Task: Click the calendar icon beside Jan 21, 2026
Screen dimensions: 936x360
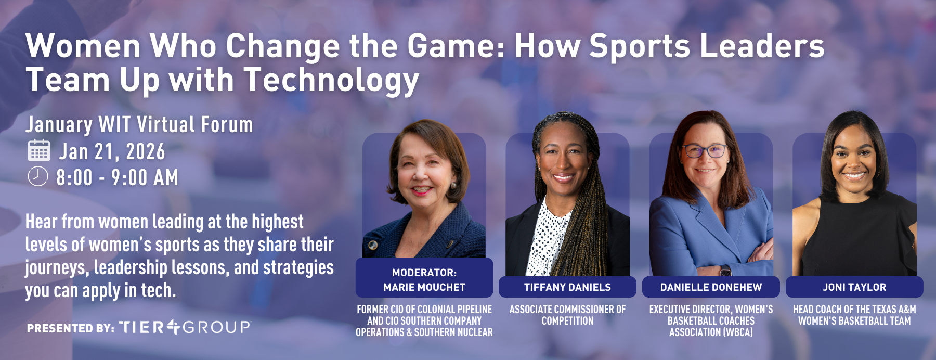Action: (38, 150)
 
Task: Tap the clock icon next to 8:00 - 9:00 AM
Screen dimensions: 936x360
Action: (37, 176)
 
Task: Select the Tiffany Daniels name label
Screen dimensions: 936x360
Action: (567, 287)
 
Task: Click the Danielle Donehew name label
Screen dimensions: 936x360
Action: (711, 287)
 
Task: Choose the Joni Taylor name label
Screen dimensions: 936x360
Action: (854, 287)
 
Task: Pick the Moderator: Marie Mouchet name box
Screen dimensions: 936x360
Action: (424, 278)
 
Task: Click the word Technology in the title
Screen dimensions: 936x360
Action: (331, 81)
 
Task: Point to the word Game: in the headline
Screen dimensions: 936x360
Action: (456, 46)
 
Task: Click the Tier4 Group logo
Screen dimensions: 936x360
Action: (185, 327)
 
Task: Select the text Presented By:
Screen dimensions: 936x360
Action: (71, 328)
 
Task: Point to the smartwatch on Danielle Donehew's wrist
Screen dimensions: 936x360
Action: (725, 271)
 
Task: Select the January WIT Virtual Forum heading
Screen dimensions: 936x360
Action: (139, 125)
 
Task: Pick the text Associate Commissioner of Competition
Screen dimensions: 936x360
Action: (567, 315)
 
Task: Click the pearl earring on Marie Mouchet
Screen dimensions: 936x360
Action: (453, 185)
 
